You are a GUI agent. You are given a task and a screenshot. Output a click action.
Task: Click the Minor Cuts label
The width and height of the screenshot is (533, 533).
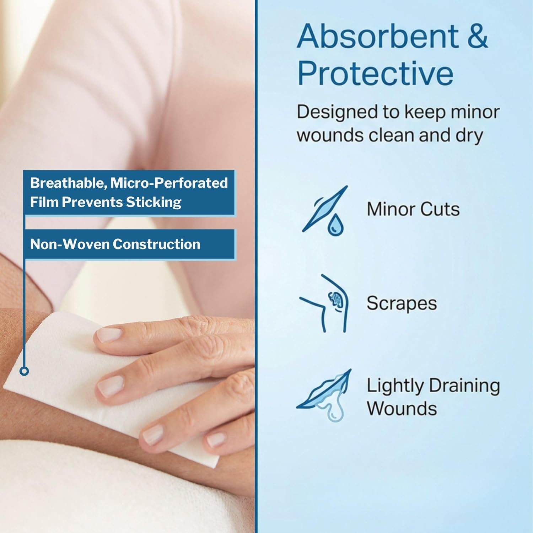coord(413,209)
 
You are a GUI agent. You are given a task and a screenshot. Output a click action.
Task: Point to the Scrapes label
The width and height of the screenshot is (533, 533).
coord(402,303)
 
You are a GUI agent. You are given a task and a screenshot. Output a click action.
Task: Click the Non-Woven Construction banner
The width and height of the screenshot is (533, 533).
coord(129,244)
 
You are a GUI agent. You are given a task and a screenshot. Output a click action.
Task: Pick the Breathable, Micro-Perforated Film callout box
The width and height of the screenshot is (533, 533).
coord(129,193)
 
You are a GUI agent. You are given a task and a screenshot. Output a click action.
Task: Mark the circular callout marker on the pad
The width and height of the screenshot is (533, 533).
coord(24,371)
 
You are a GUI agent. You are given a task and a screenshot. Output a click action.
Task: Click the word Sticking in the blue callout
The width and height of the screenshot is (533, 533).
coord(154,203)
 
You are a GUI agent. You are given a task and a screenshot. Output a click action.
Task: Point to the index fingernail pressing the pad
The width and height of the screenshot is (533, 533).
coord(109,335)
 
